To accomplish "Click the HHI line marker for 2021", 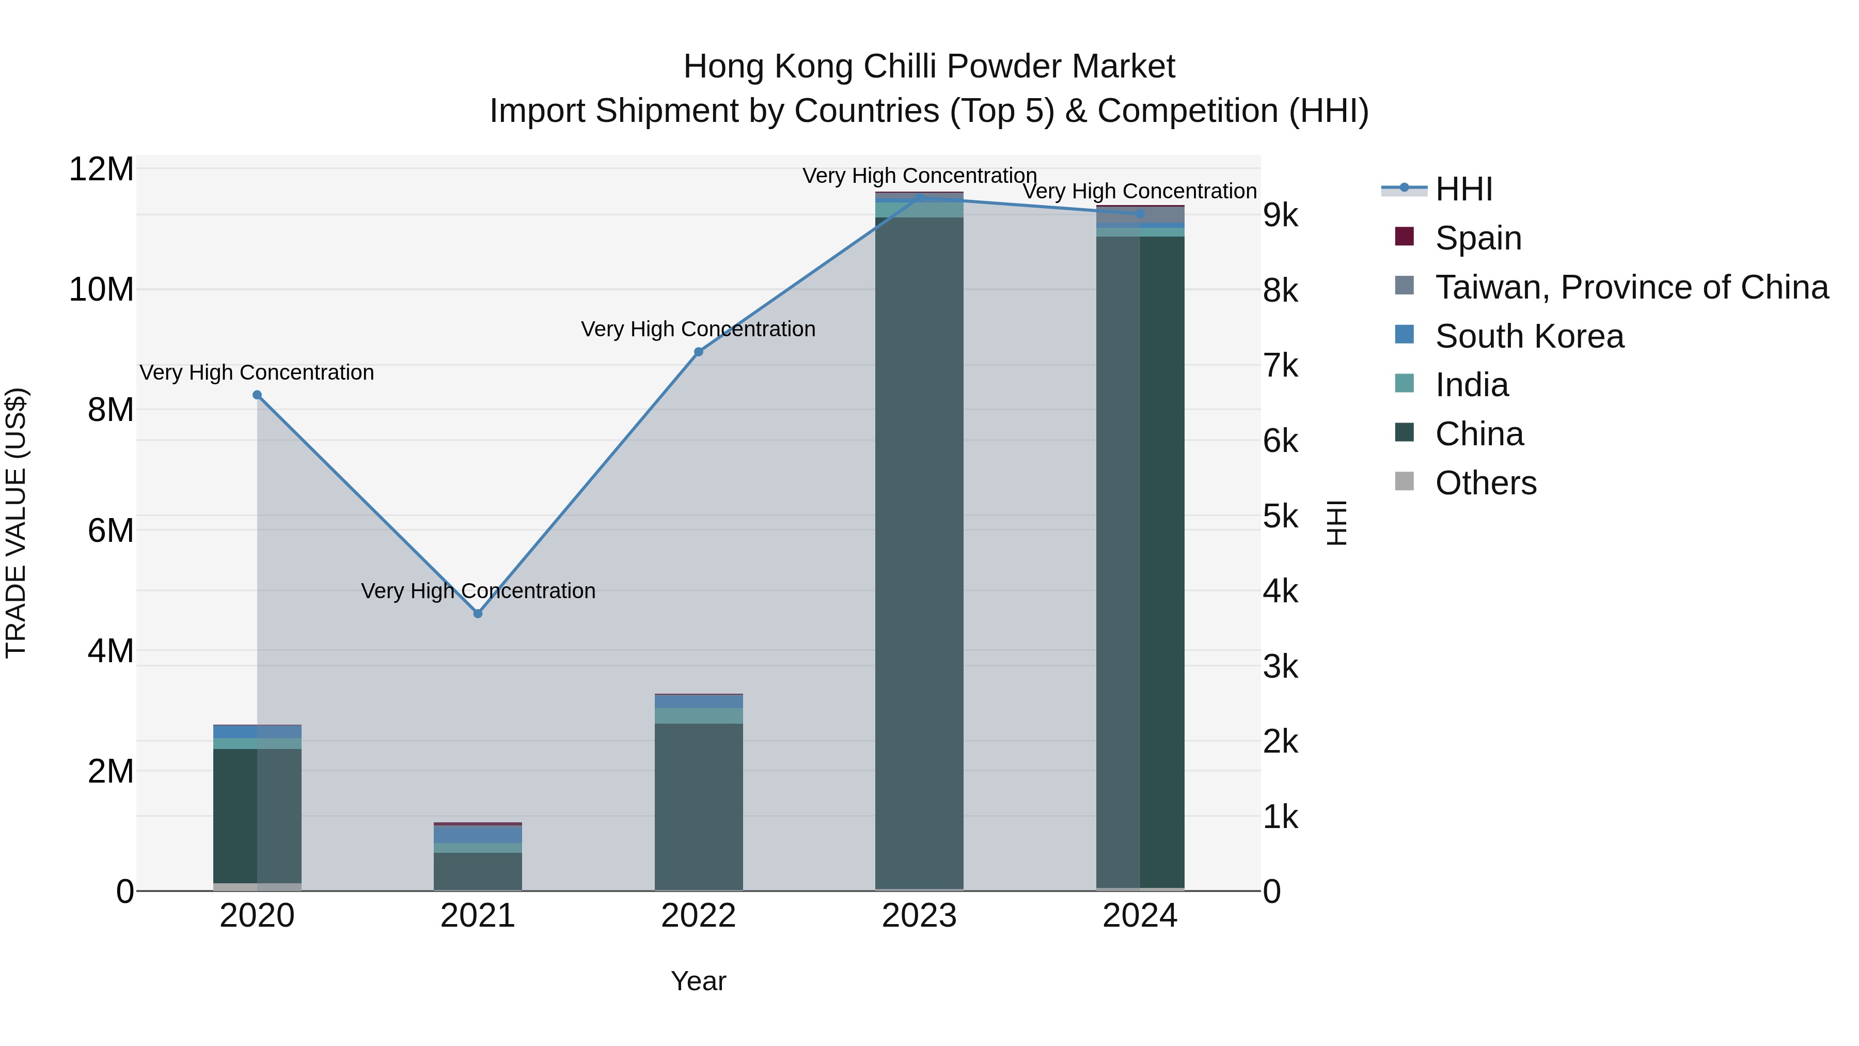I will (x=478, y=614).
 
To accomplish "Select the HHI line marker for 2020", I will (x=257, y=395).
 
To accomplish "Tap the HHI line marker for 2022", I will (x=699, y=352).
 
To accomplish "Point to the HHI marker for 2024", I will (x=1140, y=214).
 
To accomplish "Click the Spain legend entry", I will (x=1478, y=238).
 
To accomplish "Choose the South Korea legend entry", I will (x=1529, y=336).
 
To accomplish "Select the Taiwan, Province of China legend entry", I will (x=1631, y=287).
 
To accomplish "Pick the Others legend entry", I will (x=1485, y=482).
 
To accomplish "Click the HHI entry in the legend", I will (x=1463, y=189).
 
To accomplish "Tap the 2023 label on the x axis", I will (x=919, y=916).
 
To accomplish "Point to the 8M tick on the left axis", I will (x=111, y=410).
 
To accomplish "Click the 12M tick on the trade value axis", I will (x=101, y=169).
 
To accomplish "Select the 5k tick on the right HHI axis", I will (x=1280, y=517).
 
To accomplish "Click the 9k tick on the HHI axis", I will (x=1280, y=215).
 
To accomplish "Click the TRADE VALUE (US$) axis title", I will (x=16, y=523).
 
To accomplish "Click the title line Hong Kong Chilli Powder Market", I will (x=929, y=67).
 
